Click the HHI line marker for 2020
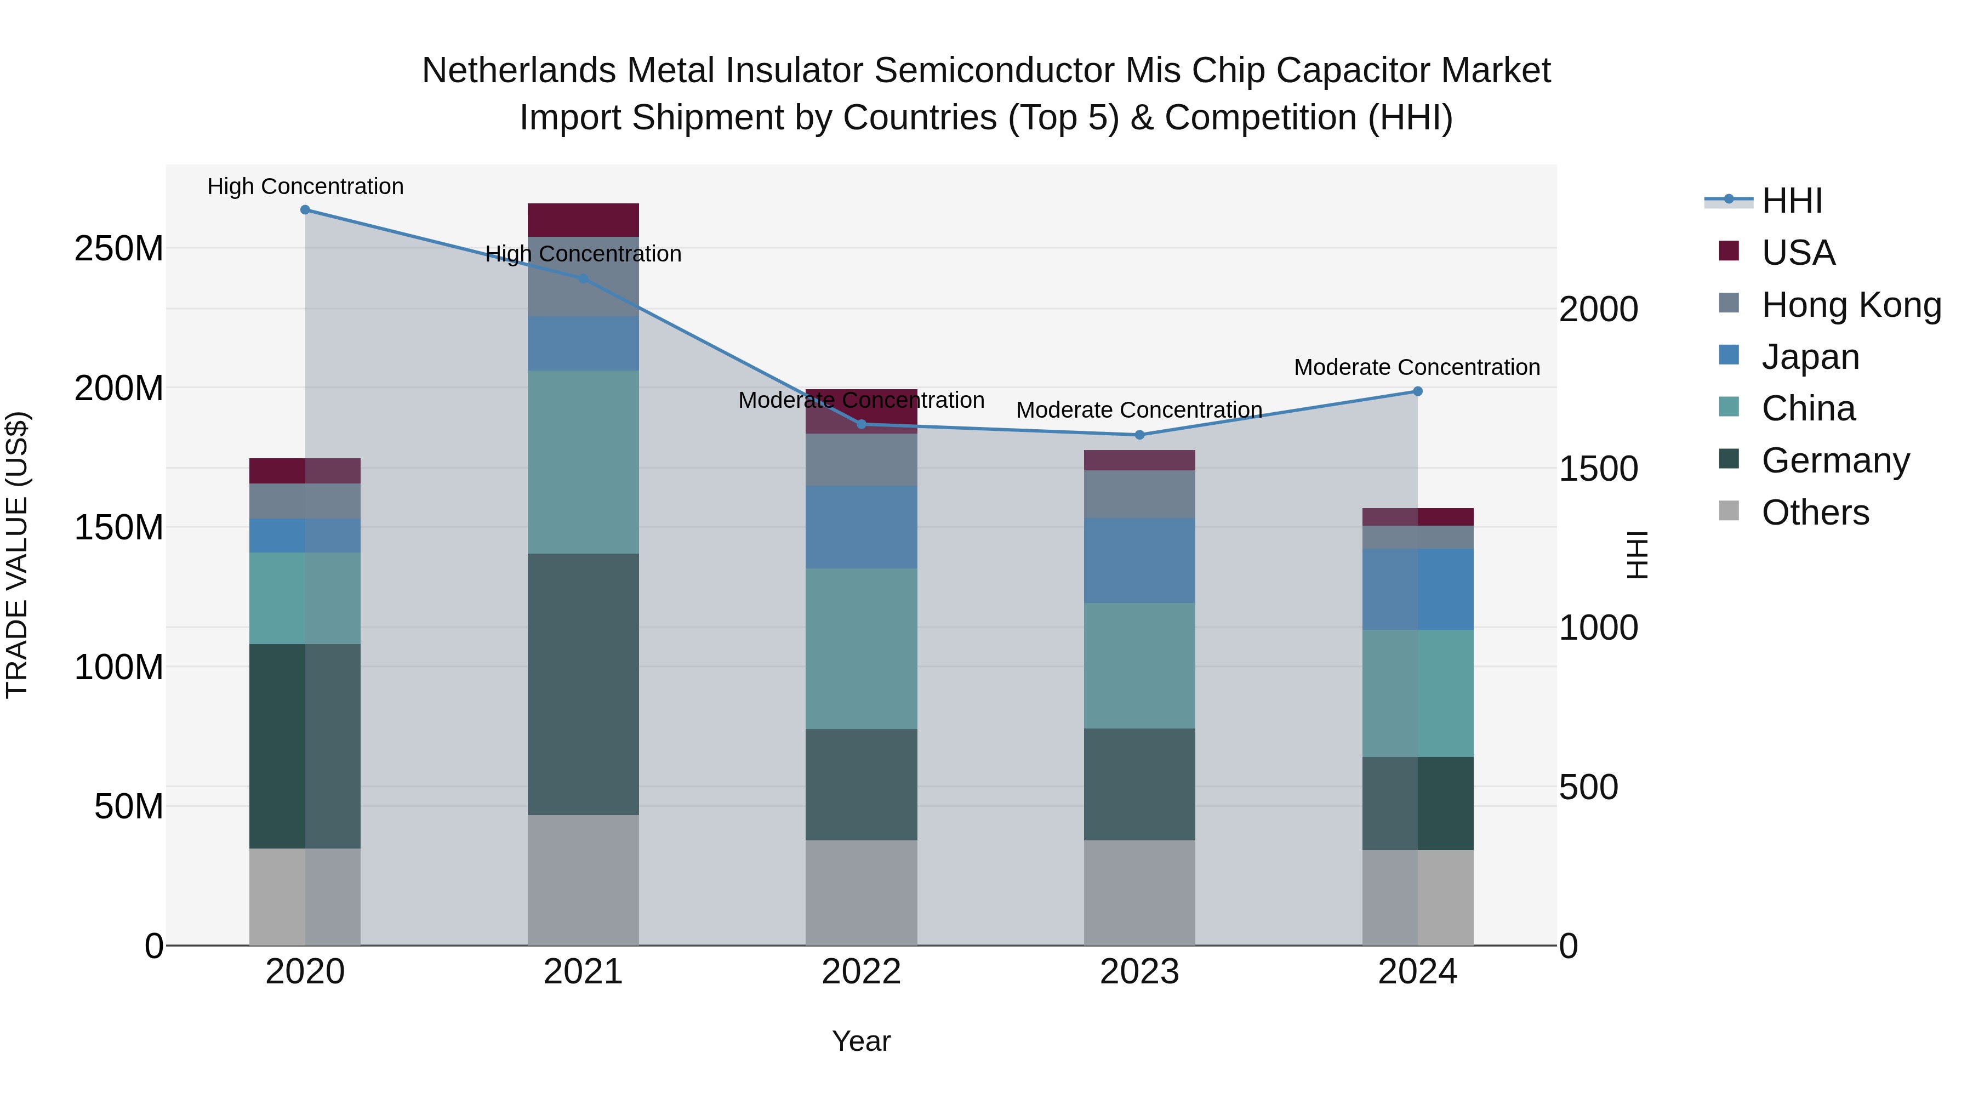click(x=305, y=210)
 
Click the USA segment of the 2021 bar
click(x=583, y=220)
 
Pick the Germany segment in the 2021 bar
click(x=583, y=684)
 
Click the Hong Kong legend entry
click(x=1850, y=305)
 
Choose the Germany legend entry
click(x=1835, y=460)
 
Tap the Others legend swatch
click(x=1729, y=511)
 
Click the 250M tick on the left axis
click(x=119, y=249)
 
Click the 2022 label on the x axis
click(x=861, y=972)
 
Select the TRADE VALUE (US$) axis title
click(x=17, y=555)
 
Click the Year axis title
click(x=861, y=1041)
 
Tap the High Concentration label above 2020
click(x=305, y=186)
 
